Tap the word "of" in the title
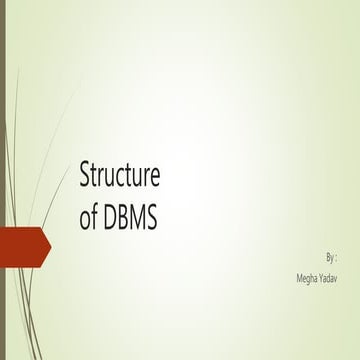point(88,219)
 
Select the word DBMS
point(130,219)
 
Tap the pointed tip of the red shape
point(50,242)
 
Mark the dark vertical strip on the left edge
point(3,180)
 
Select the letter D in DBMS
point(109,219)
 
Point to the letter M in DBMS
point(136,219)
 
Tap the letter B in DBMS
point(122,219)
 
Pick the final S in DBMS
point(151,219)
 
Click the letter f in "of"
point(95,218)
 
